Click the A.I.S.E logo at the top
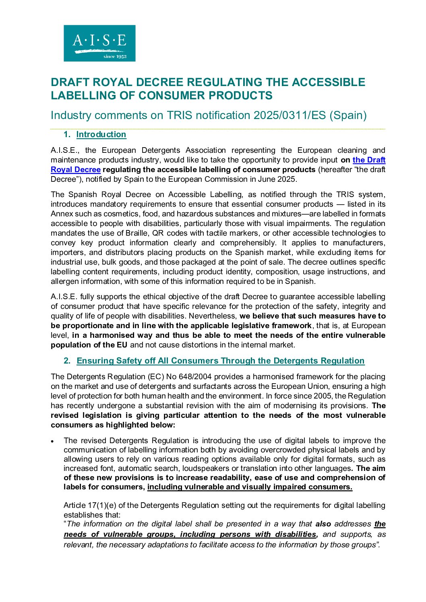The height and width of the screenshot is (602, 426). coord(99,43)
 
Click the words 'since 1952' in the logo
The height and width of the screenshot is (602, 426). coord(115,57)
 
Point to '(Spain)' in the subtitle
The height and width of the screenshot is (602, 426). coord(348,115)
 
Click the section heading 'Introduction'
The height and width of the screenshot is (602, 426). coord(101,134)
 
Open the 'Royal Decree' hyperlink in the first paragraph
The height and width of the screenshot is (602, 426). coord(75,169)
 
